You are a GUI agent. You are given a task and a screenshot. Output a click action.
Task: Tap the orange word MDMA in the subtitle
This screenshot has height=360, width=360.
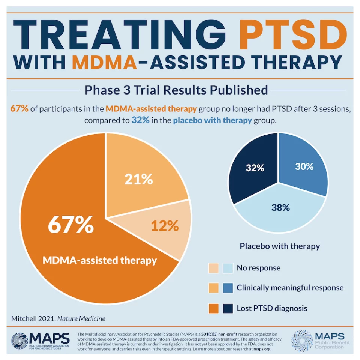[x=104, y=62]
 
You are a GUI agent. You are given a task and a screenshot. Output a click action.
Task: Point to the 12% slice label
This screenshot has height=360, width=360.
[x=165, y=226]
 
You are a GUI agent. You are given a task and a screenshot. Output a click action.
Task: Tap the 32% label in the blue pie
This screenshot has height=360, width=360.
[x=255, y=168]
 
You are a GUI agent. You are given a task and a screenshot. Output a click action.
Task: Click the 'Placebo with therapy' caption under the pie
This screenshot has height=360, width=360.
[x=280, y=246]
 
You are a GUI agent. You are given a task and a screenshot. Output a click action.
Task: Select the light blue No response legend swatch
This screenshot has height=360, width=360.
[x=229, y=268]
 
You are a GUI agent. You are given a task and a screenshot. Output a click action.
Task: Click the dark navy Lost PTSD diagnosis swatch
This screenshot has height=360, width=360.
[x=229, y=308]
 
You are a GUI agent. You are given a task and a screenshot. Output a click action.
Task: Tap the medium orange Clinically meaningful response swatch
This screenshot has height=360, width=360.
[x=214, y=288]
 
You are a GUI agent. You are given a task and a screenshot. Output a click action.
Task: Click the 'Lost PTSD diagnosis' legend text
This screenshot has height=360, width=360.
[x=272, y=308]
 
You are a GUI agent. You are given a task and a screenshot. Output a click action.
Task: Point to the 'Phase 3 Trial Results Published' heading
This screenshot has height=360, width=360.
[x=176, y=90]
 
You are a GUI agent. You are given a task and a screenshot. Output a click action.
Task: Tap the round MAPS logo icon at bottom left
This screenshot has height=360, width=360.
[x=19, y=341]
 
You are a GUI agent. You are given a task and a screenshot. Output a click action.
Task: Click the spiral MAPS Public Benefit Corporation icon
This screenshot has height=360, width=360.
[x=302, y=340]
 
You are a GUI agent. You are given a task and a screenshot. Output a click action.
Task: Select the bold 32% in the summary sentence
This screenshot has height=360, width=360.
[x=138, y=120]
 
